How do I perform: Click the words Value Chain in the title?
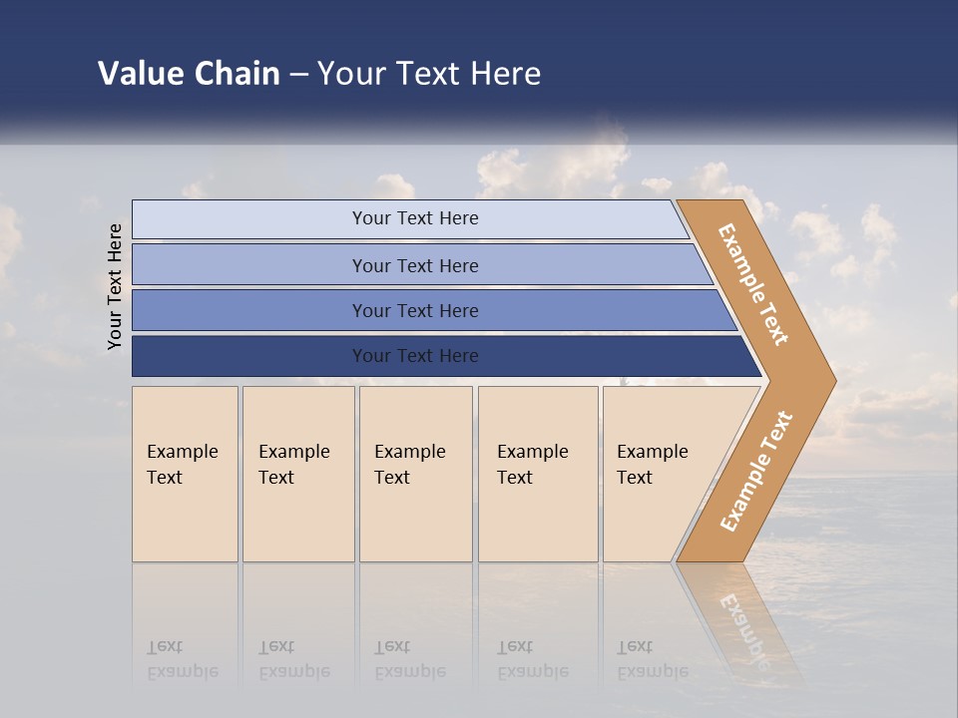(189, 73)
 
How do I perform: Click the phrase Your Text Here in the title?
(429, 73)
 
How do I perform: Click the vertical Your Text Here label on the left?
(115, 286)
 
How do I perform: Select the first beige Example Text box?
(185, 475)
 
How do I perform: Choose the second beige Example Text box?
(297, 475)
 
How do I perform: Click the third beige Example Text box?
(414, 475)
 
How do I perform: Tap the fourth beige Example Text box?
(537, 475)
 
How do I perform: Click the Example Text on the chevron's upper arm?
(752, 283)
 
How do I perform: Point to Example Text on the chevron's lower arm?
(756, 471)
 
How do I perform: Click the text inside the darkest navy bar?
(415, 356)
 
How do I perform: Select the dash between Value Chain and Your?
(298, 75)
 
